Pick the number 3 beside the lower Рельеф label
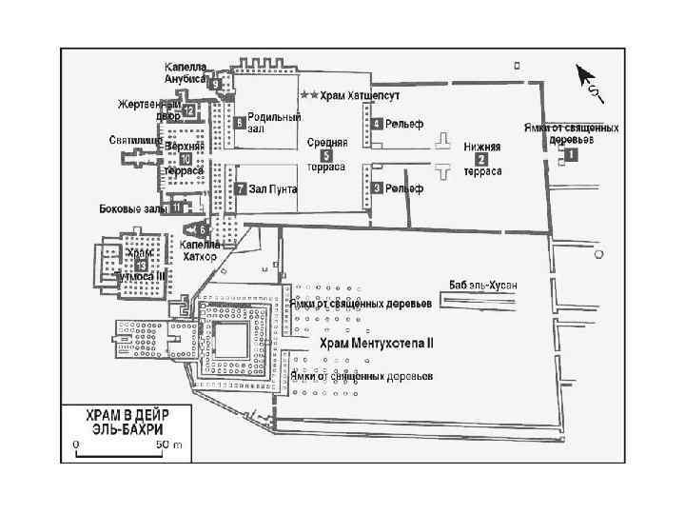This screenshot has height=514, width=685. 378,188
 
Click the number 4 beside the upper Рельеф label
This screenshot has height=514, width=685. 378,124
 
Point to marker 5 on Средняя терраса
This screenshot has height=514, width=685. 326,154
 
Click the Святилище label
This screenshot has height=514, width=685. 131,140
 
